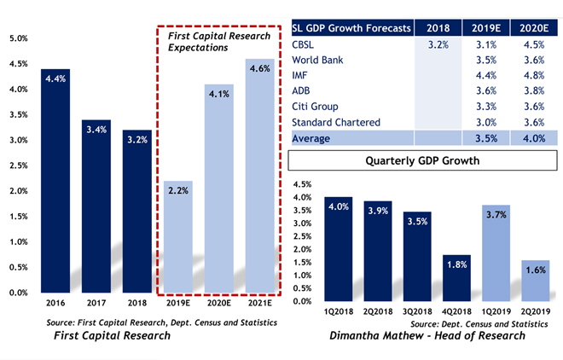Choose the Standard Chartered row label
click(335, 122)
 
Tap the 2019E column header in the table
click(485, 27)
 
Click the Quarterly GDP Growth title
click(423, 160)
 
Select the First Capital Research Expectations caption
click(199, 41)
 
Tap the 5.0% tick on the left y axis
click(18, 38)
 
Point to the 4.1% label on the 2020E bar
click(218, 95)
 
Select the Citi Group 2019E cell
click(485, 107)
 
